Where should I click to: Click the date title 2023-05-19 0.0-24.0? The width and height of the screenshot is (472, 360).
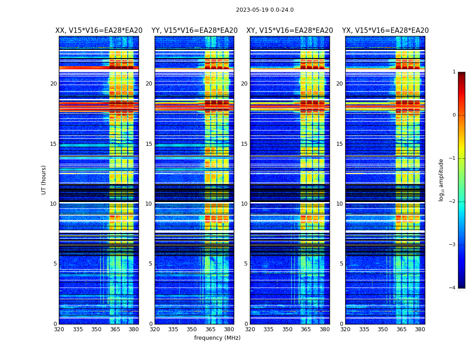265,10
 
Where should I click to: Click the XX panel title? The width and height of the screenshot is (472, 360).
99,31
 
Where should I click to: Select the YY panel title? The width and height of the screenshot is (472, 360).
194,31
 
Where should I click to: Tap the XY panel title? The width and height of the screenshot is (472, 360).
289,31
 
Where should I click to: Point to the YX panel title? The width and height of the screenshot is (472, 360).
385,31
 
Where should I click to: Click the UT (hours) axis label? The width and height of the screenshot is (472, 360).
44,180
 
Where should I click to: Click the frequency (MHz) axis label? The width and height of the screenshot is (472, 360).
217,338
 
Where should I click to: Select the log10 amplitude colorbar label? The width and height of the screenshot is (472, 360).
441,180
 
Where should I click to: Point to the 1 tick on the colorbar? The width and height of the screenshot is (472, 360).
454,72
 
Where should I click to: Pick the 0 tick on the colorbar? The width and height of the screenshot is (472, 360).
454,115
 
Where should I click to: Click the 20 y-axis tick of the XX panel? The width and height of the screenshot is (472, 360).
53,84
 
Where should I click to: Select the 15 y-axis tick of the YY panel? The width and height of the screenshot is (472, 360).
149,144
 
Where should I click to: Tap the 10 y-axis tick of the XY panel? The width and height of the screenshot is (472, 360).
244,204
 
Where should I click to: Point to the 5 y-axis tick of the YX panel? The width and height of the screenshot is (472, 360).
341,264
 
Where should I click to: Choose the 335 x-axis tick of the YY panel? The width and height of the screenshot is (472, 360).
173,329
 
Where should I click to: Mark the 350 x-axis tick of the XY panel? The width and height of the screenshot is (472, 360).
287,329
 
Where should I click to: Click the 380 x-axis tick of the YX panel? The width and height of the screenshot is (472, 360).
420,329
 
